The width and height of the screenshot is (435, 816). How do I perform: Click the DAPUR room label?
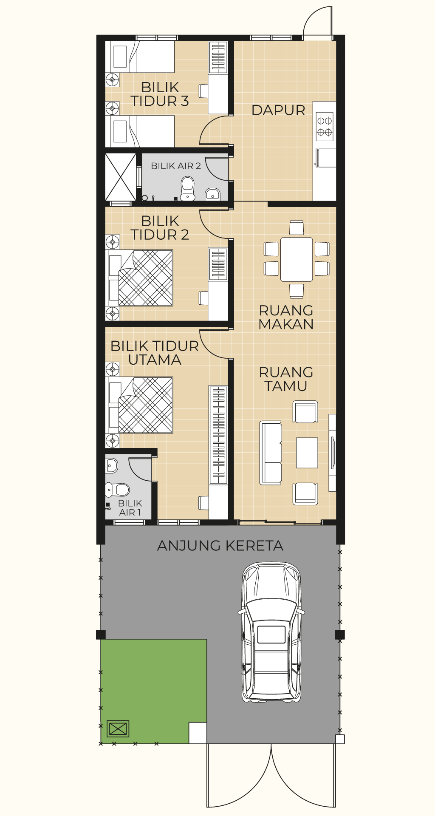click(278, 110)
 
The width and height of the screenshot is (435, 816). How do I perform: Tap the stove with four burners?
click(325, 126)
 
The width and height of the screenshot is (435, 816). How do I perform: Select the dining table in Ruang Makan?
click(297, 259)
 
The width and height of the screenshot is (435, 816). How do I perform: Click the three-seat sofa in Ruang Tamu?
click(271, 453)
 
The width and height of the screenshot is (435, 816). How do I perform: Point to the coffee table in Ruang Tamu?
click(307, 453)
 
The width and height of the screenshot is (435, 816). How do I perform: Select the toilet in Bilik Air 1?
click(118, 490)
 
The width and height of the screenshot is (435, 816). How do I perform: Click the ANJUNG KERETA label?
click(220, 546)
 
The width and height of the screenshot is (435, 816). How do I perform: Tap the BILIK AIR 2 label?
click(176, 166)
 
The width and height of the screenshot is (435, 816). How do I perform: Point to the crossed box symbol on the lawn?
click(118, 729)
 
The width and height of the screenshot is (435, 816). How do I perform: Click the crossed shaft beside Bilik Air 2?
click(121, 177)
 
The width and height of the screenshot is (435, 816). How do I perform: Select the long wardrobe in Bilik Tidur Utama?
click(218, 435)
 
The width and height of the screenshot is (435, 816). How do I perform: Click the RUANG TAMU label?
click(286, 379)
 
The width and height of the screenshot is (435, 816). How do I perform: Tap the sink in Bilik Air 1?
click(111, 466)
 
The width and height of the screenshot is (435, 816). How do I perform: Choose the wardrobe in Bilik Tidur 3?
click(218, 57)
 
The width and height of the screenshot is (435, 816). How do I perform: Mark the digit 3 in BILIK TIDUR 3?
click(184, 101)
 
